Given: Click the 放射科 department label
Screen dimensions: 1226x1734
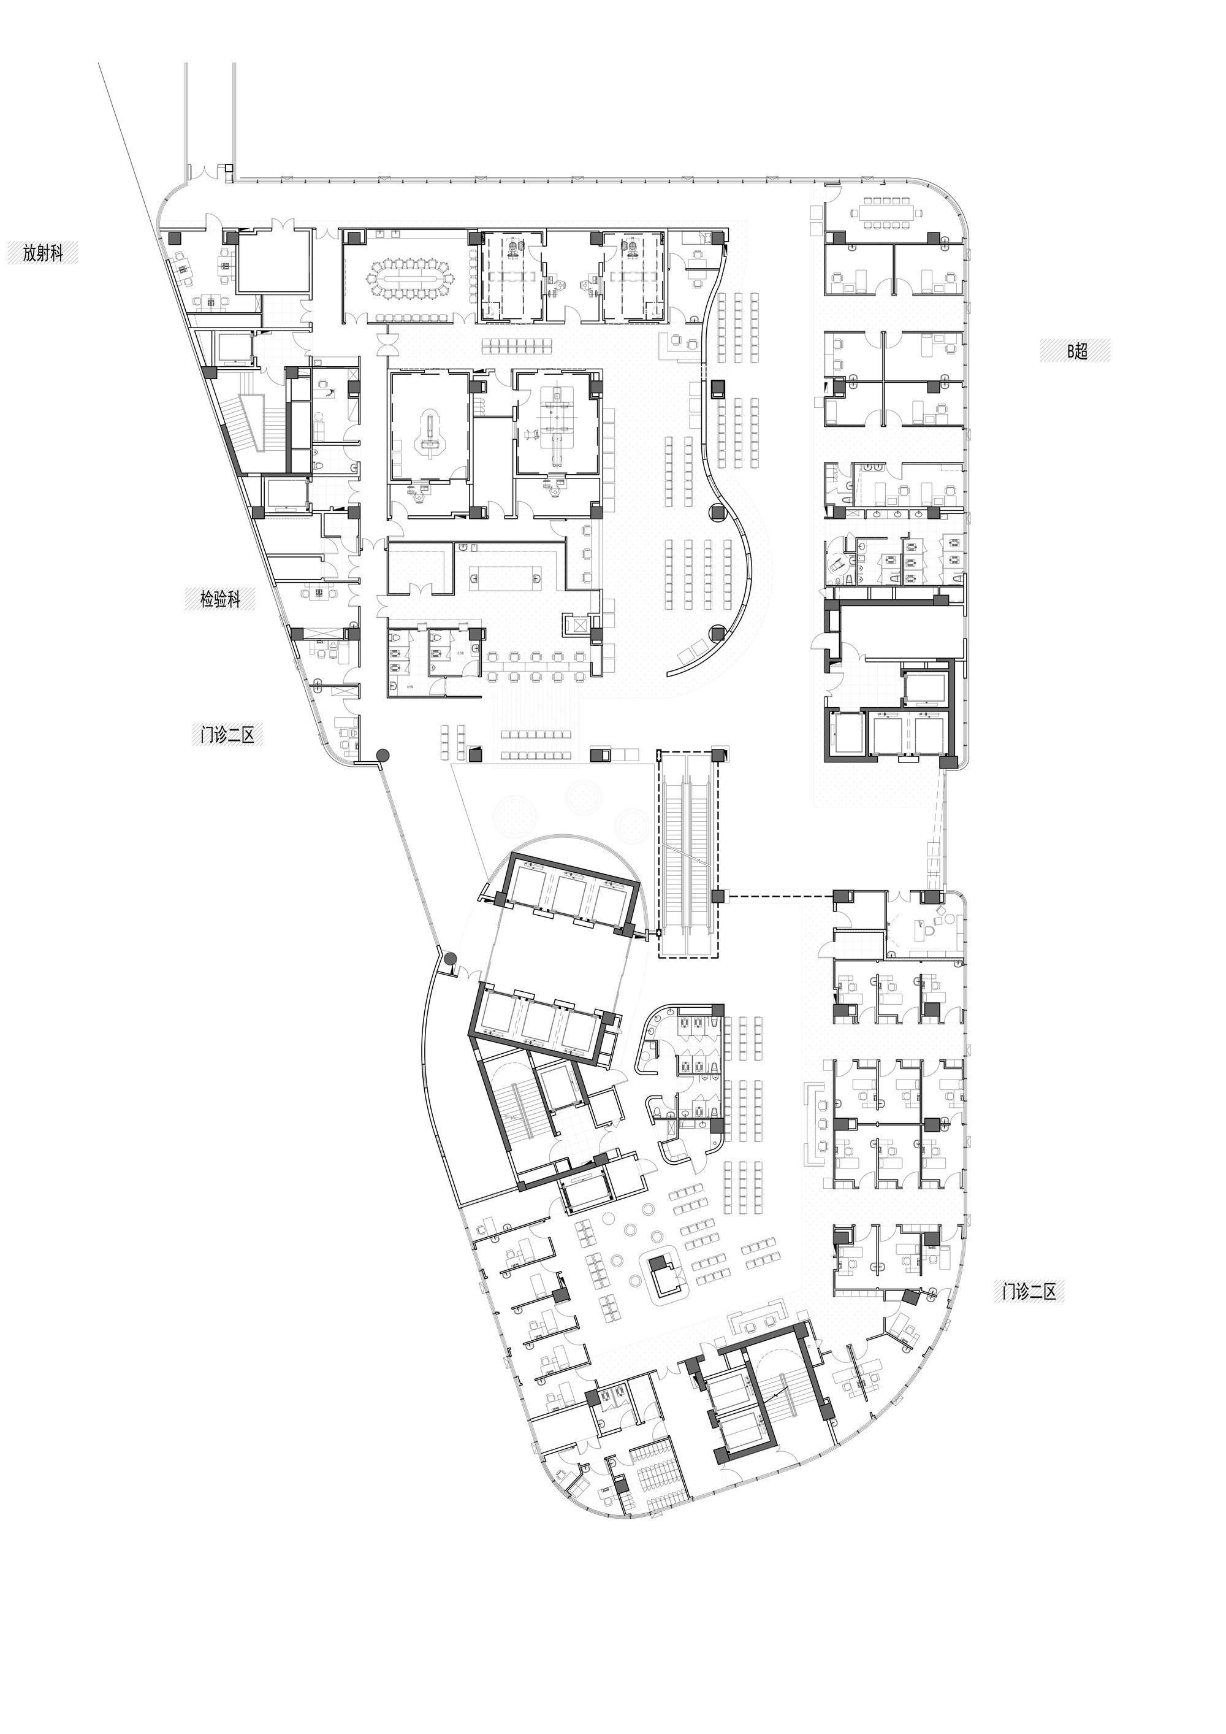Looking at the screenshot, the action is pos(42,253).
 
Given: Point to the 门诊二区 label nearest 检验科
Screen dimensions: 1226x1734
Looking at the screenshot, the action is pos(228,734).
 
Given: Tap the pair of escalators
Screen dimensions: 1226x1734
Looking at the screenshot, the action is pos(688,853).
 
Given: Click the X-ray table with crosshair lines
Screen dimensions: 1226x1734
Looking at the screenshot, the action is pos(558,427).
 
